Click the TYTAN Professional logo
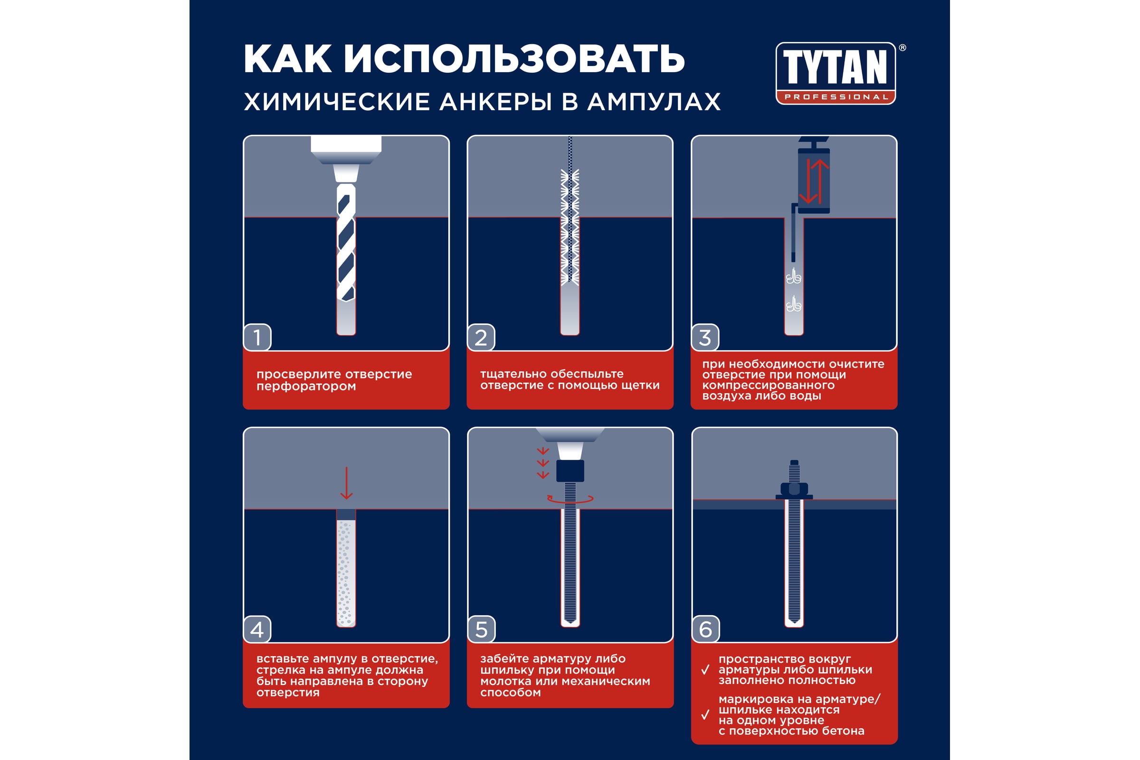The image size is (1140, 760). click(836, 73)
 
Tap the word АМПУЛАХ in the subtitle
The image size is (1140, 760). click(654, 102)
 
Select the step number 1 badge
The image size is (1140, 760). click(257, 337)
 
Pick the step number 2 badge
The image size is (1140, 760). click(481, 337)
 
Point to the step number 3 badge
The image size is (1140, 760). click(705, 337)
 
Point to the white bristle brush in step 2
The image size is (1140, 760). click(570, 227)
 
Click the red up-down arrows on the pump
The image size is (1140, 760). click(814, 181)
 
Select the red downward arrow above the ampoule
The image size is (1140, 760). click(347, 483)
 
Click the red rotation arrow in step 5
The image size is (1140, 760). click(570, 499)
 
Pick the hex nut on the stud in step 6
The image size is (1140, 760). click(794, 489)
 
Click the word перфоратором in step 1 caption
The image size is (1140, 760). click(306, 387)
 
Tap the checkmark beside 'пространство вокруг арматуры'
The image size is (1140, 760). click(706, 670)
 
